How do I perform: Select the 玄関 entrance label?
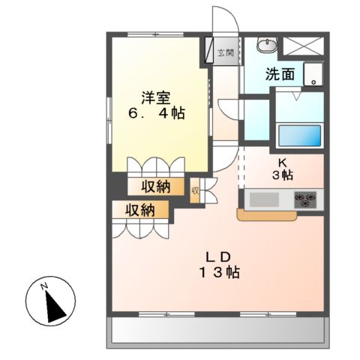click(224, 53)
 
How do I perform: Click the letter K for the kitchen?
click(283, 161)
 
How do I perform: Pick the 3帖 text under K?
click(283, 175)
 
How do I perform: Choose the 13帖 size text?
click(219, 272)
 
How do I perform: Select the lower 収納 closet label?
click(140, 211)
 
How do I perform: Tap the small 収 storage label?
click(195, 190)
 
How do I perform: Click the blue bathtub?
click(299, 136)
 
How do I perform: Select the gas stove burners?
click(305, 199)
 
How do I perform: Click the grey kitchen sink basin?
click(264, 200)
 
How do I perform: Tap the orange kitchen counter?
click(270, 216)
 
